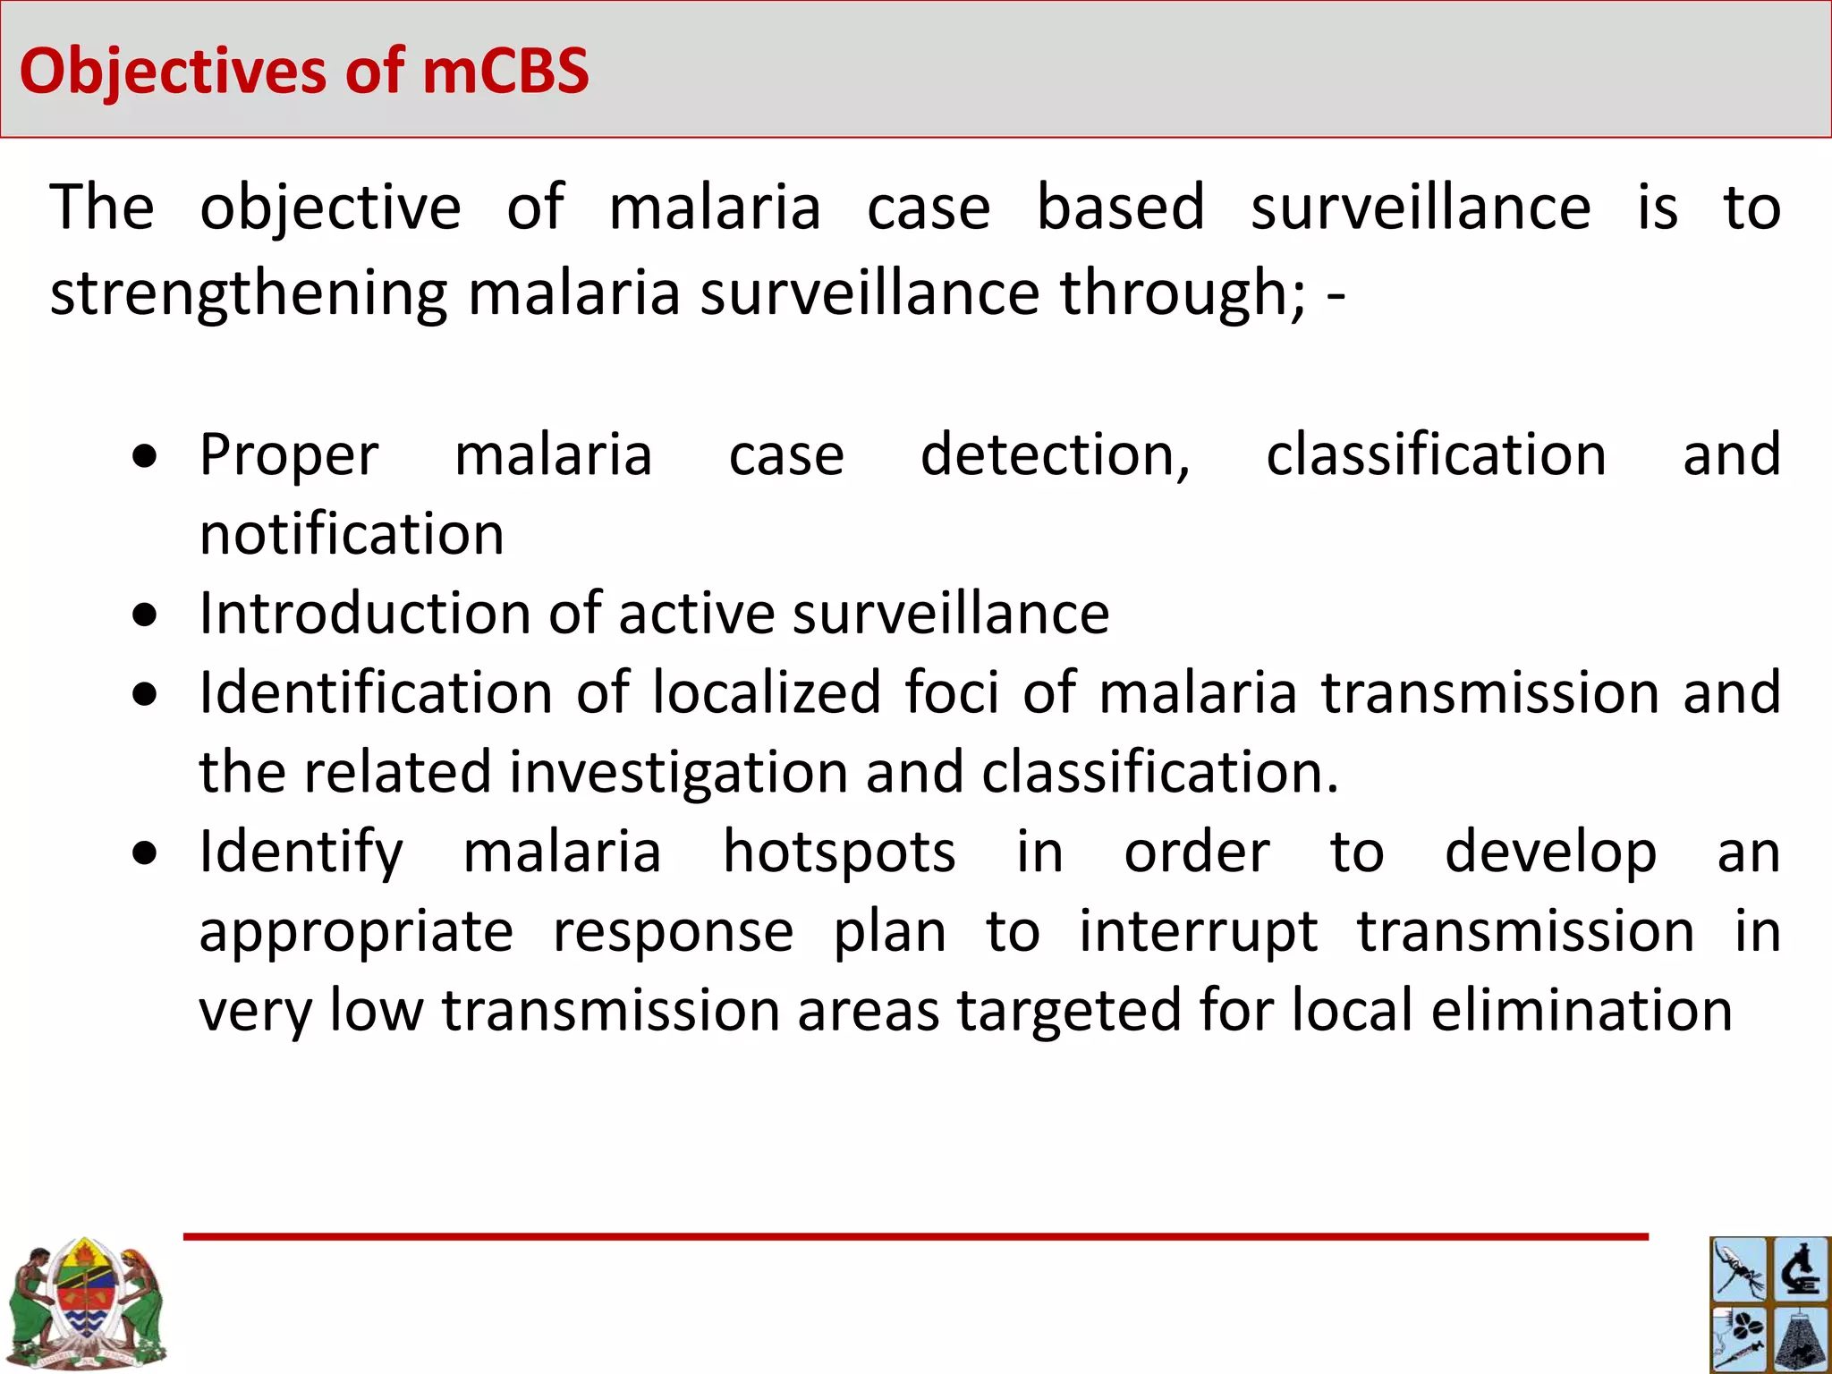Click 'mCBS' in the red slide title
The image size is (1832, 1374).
[x=505, y=71]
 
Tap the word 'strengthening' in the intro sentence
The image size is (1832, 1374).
[x=248, y=293]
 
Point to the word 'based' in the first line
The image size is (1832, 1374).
[x=1120, y=208]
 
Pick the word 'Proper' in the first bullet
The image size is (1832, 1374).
[x=289, y=455]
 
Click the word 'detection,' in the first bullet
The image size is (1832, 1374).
[x=1056, y=455]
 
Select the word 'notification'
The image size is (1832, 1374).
[x=352, y=534]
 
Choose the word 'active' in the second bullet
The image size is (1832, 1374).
[x=696, y=614]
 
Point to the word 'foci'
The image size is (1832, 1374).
[x=951, y=692]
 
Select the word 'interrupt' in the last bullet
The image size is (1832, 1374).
[x=1198, y=931]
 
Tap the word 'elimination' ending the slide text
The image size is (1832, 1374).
[x=1582, y=1010]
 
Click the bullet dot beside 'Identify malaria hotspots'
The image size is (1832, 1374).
[x=144, y=853]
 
